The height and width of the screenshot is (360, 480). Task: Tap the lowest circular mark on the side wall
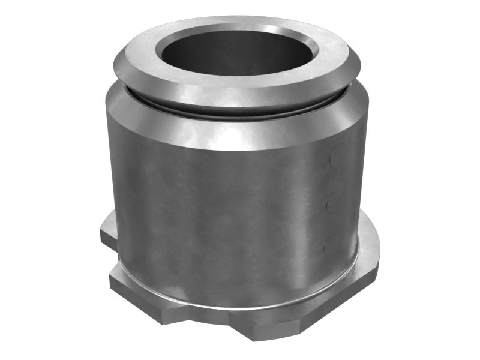point(332,245)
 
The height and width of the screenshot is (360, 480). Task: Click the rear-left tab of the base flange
point(109,231)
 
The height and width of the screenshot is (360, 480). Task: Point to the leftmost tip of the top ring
point(114,58)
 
